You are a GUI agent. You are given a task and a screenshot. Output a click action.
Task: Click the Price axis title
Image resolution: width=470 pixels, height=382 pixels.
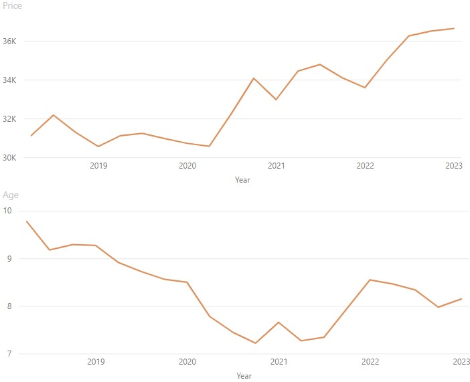point(12,6)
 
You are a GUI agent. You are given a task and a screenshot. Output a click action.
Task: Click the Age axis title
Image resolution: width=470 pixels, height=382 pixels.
point(11,195)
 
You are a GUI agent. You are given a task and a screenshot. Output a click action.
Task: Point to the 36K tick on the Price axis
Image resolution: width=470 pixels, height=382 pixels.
point(9,41)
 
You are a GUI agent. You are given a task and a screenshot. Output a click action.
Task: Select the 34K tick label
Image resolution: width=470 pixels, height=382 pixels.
point(9,80)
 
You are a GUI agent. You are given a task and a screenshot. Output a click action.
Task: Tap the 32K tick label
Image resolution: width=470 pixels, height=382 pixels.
point(9,119)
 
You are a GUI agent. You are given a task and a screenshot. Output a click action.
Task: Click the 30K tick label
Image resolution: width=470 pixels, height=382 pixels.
point(9,158)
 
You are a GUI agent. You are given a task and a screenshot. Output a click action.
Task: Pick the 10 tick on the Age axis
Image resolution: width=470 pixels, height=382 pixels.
point(8,211)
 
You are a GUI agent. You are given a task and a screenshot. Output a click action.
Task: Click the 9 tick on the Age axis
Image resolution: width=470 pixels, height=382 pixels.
point(8,259)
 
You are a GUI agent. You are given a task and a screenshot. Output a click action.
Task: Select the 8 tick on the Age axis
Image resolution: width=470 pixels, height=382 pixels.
point(8,306)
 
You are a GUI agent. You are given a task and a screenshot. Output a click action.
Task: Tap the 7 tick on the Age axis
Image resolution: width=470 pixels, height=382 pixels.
point(8,354)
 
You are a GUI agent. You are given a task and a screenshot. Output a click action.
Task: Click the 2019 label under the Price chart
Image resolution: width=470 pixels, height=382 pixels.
point(98,166)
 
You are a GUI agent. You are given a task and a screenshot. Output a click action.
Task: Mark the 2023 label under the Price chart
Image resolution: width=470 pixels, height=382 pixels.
point(454,166)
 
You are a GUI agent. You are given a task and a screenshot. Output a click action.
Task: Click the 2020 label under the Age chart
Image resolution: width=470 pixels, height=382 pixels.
point(187,362)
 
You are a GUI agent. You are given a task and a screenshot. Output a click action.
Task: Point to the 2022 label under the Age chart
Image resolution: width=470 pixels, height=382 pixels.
point(370,362)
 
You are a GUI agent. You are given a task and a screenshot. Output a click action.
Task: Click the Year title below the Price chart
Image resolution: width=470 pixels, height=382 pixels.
point(243,180)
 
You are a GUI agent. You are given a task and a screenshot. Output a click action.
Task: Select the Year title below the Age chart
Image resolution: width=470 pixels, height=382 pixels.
point(243,376)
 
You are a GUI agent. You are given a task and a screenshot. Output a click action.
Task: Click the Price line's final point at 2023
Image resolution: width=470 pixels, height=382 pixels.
point(454,29)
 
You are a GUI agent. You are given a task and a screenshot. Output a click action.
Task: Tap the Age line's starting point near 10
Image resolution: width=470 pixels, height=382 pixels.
point(27,221)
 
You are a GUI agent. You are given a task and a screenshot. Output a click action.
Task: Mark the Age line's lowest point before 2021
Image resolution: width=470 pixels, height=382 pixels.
point(255,343)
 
